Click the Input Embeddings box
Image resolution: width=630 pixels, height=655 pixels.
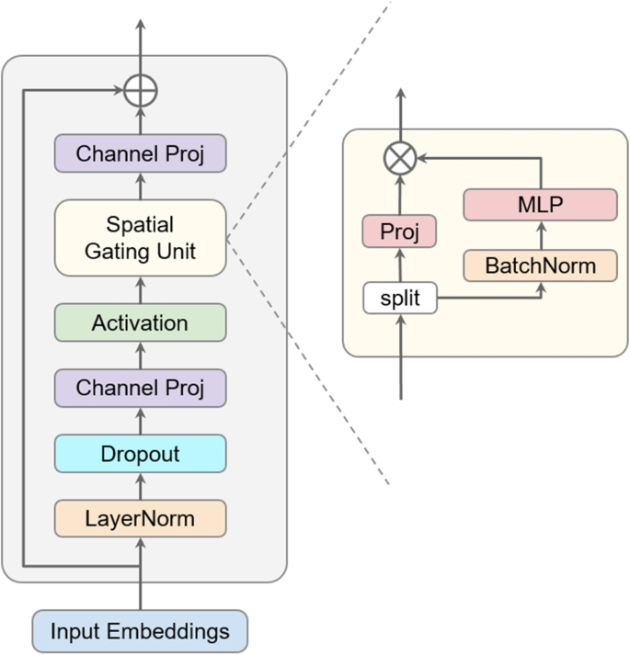(140, 631)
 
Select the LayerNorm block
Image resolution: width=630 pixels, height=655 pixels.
(140, 518)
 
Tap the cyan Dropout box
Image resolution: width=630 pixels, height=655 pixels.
(140, 454)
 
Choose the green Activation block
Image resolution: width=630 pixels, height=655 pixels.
(140, 322)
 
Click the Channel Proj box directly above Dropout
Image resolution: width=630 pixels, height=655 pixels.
(140, 388)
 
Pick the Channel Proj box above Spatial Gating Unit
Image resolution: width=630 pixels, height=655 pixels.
(140, 153)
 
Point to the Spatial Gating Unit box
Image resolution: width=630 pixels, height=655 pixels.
(140, 237)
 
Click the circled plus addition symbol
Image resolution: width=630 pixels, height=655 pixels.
(141, 91)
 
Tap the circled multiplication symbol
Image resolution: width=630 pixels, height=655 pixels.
(399, 158)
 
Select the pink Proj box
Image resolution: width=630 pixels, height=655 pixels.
(399, 232)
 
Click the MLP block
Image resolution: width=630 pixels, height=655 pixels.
(540, 205)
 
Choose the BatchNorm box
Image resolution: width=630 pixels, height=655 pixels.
(540, 265)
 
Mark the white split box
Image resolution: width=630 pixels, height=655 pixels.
(399, 299)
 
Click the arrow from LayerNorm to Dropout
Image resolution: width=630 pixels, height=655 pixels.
(140, 486)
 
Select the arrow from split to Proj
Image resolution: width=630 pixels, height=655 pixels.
(399, 265)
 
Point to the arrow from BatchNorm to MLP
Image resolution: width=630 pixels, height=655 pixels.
(540, 235)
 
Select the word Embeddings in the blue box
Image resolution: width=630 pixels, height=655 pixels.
(175, 631)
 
